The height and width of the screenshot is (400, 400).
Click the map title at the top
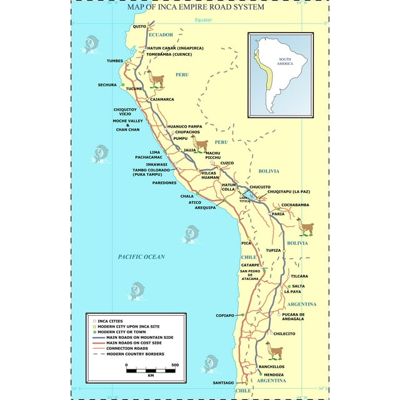(x=195, y=7)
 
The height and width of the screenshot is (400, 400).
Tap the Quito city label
(x=139, y=26)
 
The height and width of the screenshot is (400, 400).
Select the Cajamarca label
(x=162, y=99)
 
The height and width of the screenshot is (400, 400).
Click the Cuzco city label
(x=227, y=163)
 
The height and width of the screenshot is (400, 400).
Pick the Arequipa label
(x=204, y=207)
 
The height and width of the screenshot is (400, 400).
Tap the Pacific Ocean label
(x=141, y=257)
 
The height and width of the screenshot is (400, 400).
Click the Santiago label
(x=223, y=382)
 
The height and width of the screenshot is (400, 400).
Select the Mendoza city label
(x=274, y=375)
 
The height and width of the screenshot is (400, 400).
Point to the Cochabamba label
(x=295, y=205)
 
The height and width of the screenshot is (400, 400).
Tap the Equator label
(x=203, y=20)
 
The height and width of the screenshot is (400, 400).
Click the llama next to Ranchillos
(x=274, y=349)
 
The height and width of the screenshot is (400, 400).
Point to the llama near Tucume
(x=156, y=80)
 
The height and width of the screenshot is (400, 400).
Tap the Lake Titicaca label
(x=245, y=199)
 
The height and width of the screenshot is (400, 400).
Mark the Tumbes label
(x=115, y=61)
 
